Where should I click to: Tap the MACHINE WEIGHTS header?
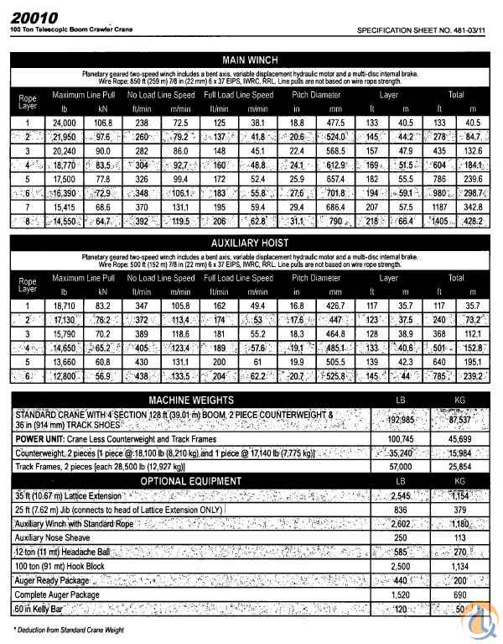click(192, 401)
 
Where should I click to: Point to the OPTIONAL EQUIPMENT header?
click(192, 480)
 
